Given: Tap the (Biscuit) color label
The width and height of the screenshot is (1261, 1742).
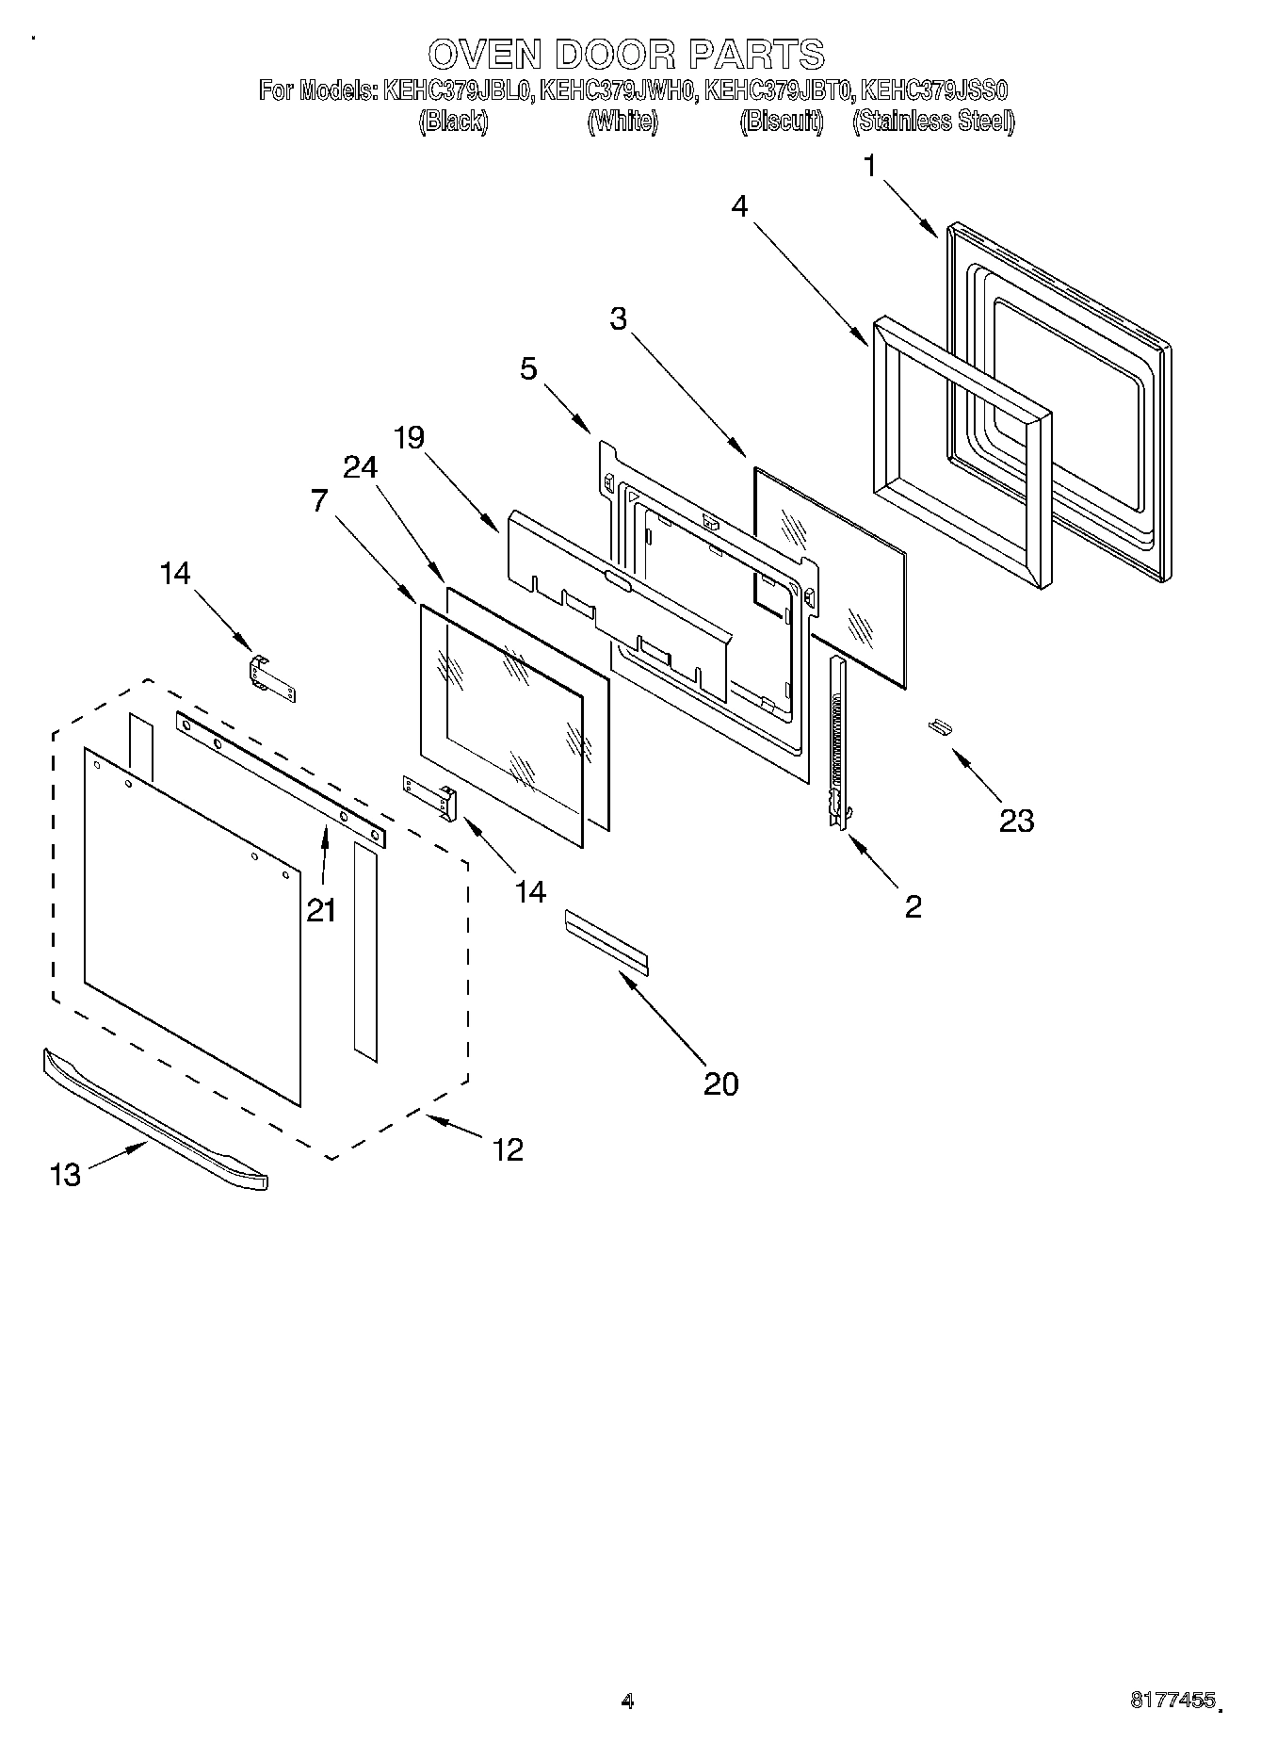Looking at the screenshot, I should coord(782,122).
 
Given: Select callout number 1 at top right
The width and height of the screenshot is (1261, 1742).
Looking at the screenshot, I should coord(870,167).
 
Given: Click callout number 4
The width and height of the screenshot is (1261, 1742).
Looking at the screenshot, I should coord(740,206).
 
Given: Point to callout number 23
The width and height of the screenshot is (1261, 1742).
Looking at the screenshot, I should coord(1016,821).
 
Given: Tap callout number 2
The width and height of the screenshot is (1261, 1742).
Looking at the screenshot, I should coord(912,906).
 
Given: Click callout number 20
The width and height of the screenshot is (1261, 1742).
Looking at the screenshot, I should coord(721,1083).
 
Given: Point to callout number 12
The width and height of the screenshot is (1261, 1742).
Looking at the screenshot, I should coord(508,1149).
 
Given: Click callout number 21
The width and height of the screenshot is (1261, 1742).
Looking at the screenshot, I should coord(321,910).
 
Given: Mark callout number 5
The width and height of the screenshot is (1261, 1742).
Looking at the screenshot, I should coord(528,368).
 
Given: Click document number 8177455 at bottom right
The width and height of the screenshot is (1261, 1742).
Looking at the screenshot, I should coord(1172,1701).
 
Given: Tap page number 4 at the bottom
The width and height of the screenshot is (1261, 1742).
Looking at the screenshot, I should coord(627,1701).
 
